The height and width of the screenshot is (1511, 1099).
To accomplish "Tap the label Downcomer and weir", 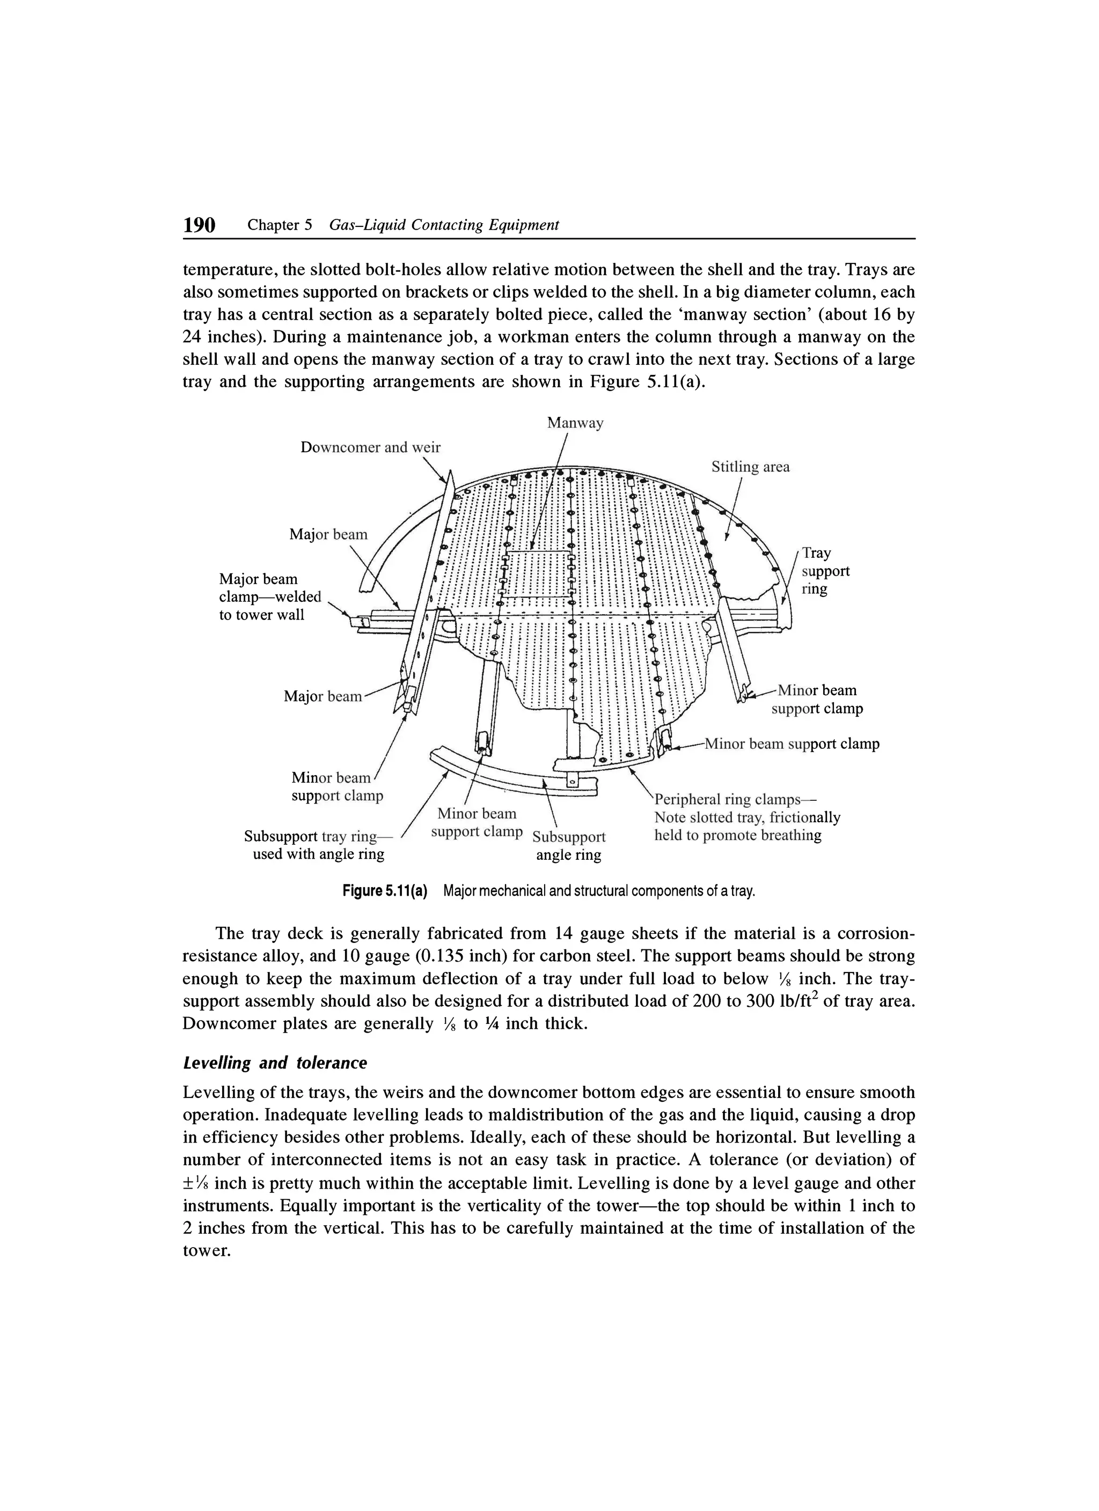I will tap(371, 447).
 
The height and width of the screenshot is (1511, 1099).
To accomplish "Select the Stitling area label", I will tap(750, 467).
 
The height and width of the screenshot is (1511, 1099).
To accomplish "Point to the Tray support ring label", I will tap(825, 571).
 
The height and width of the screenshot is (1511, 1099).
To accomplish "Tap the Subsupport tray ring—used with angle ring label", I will tap(319, 845).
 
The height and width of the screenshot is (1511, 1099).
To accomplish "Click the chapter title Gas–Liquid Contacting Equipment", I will tap(444, 225).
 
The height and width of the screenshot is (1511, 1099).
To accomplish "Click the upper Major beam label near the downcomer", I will tap(328, 534).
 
